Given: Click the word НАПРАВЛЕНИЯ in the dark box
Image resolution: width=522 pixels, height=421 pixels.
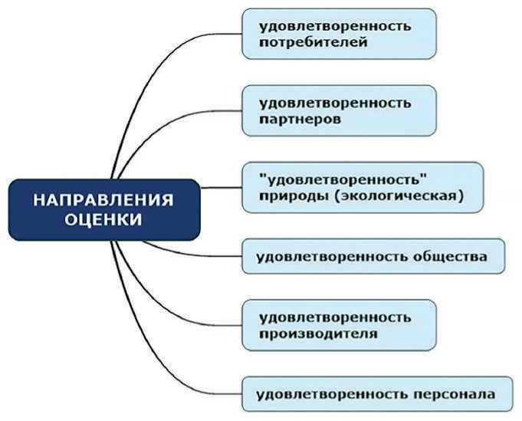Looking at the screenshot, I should [x=103, y=201].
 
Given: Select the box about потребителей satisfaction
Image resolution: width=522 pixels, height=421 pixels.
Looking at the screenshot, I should [x=339, y=34].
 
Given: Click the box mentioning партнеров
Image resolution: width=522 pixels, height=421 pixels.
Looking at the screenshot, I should [x=339, y=110].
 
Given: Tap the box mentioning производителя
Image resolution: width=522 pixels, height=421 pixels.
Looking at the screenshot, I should [x=339, y=325].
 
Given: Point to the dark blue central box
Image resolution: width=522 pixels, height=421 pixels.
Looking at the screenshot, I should [x=103, y=209].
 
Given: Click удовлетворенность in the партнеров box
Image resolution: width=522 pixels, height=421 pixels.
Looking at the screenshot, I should [x=335, y=102].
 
